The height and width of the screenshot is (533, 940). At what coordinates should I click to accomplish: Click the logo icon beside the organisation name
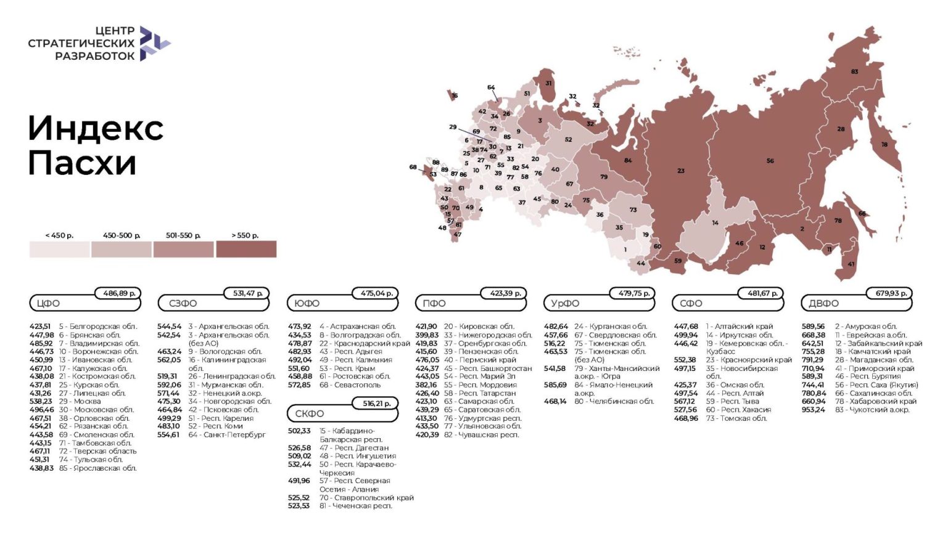pyautogui.click(x=154, y=43)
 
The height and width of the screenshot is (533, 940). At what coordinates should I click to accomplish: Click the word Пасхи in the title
pyautogui.click(x=82, y=163)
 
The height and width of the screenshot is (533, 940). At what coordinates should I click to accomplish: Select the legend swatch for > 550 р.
pyautogui.click(x=245, y=249)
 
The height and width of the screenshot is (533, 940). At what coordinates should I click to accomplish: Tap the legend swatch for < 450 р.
pyautogui.click(x=59, y=249)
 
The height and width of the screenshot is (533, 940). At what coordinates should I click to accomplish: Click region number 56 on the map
pyautogui.click(x=770, y=161)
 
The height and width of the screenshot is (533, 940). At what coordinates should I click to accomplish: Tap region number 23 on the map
pyautogui.click(x=680, y=171)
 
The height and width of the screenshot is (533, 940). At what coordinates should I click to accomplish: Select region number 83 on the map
pyautogui.click(x=854, y=72)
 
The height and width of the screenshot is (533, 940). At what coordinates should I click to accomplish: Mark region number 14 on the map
pyautogui.click(x=715, y=223)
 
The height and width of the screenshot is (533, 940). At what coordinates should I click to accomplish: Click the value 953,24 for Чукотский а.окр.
pyautogui.click(x=813, y=410)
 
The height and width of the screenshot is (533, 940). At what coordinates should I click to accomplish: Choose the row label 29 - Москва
pyautogui.click(x=80, y=401)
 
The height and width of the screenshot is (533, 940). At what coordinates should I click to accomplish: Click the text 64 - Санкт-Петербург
pyautogui.click(x=227, y=434)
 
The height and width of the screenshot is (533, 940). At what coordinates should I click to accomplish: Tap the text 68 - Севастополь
pyautogui.click(x=350, y=384)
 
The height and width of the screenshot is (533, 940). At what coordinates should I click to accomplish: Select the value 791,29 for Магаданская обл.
pyautogui.click(x=813, y=360)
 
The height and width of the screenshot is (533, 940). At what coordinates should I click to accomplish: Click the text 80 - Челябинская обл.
pyautogui.click(x=614, y=401)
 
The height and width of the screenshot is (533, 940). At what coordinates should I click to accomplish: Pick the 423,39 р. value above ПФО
pyautogui.click(x=505, y=293)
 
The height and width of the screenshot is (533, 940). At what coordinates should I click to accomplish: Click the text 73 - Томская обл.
pyautogui.click(x=736, y=418)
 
